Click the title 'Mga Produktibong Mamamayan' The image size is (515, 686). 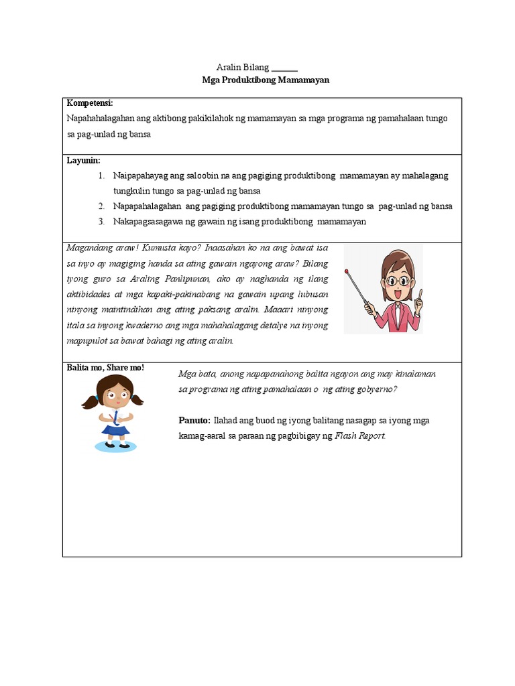click(257, 79)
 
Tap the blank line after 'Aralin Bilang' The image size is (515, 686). click(284, 68)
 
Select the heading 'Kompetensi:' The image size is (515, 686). click(90, 103)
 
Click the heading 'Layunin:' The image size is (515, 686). click(84, 161)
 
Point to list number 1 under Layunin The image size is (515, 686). click(101, 176)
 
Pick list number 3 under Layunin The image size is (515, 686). click(101, 222)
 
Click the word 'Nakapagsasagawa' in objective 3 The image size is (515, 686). click(146, 222)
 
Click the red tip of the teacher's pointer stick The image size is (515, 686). click(347, 271)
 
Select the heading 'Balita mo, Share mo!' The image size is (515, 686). click(105, 368)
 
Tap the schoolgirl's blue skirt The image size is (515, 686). click(115, 429)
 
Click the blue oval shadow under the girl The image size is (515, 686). click(116, 445)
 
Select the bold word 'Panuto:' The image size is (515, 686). click(194, 421)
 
